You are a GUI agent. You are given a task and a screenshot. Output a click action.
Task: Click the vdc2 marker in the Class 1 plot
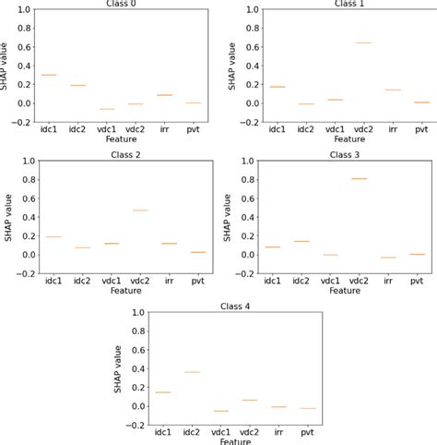pos(364,42)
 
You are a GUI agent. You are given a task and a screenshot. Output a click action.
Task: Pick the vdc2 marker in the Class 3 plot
pos(359,179)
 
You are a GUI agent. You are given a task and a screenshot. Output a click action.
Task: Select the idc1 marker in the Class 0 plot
pos(49,75)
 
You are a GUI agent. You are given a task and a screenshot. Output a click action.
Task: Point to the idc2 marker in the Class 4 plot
pos(191,372)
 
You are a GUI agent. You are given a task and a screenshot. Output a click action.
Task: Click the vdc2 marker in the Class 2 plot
pos(140,210)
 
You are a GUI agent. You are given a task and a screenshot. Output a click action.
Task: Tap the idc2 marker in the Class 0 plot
pos(79,85)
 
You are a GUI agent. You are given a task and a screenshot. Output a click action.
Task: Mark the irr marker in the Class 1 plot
pos(393,90)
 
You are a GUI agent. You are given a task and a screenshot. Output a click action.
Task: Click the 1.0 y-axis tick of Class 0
pos(21,9)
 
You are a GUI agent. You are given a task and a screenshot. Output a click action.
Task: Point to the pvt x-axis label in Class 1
pos(421,131)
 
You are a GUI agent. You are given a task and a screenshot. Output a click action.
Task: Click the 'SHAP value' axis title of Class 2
pos(7,217)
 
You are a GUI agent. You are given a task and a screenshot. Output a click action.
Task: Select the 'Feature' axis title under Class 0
pos(118,140)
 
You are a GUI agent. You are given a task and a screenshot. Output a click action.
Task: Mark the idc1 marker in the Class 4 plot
pos(162,392)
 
